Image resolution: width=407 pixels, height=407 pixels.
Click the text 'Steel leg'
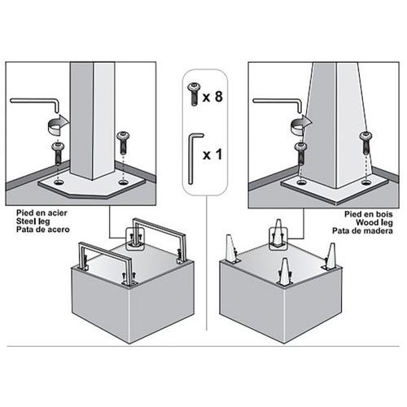click(x=33, y=221)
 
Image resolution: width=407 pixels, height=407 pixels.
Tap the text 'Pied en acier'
click(x=42, y=212)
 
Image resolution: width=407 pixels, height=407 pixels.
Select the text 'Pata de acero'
click(x=43, y=230)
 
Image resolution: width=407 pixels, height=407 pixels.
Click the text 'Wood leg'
click(x=374, y=222)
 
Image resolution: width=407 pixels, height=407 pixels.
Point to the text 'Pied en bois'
click(x=369, y=214)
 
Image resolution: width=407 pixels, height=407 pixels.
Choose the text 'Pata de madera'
click(x=362, y=231)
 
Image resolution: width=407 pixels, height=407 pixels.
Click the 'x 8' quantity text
click(x=212, y=97)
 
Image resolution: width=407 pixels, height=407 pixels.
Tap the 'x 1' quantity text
click(x=212, y=155)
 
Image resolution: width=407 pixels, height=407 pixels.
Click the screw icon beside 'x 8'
click(x=195, y=94)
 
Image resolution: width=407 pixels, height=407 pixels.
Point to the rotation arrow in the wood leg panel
click(x=301, y=124)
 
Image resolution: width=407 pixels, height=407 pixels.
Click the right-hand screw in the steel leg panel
click(x=123, y=142)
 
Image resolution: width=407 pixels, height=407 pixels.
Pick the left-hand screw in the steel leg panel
click(x=59, y=153)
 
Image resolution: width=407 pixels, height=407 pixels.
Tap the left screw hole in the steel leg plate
click(x=58, y=182)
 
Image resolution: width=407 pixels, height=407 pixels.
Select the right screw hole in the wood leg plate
click(x=366, y=182)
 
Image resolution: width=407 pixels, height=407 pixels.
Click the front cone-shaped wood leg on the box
click(x=284, y=270)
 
